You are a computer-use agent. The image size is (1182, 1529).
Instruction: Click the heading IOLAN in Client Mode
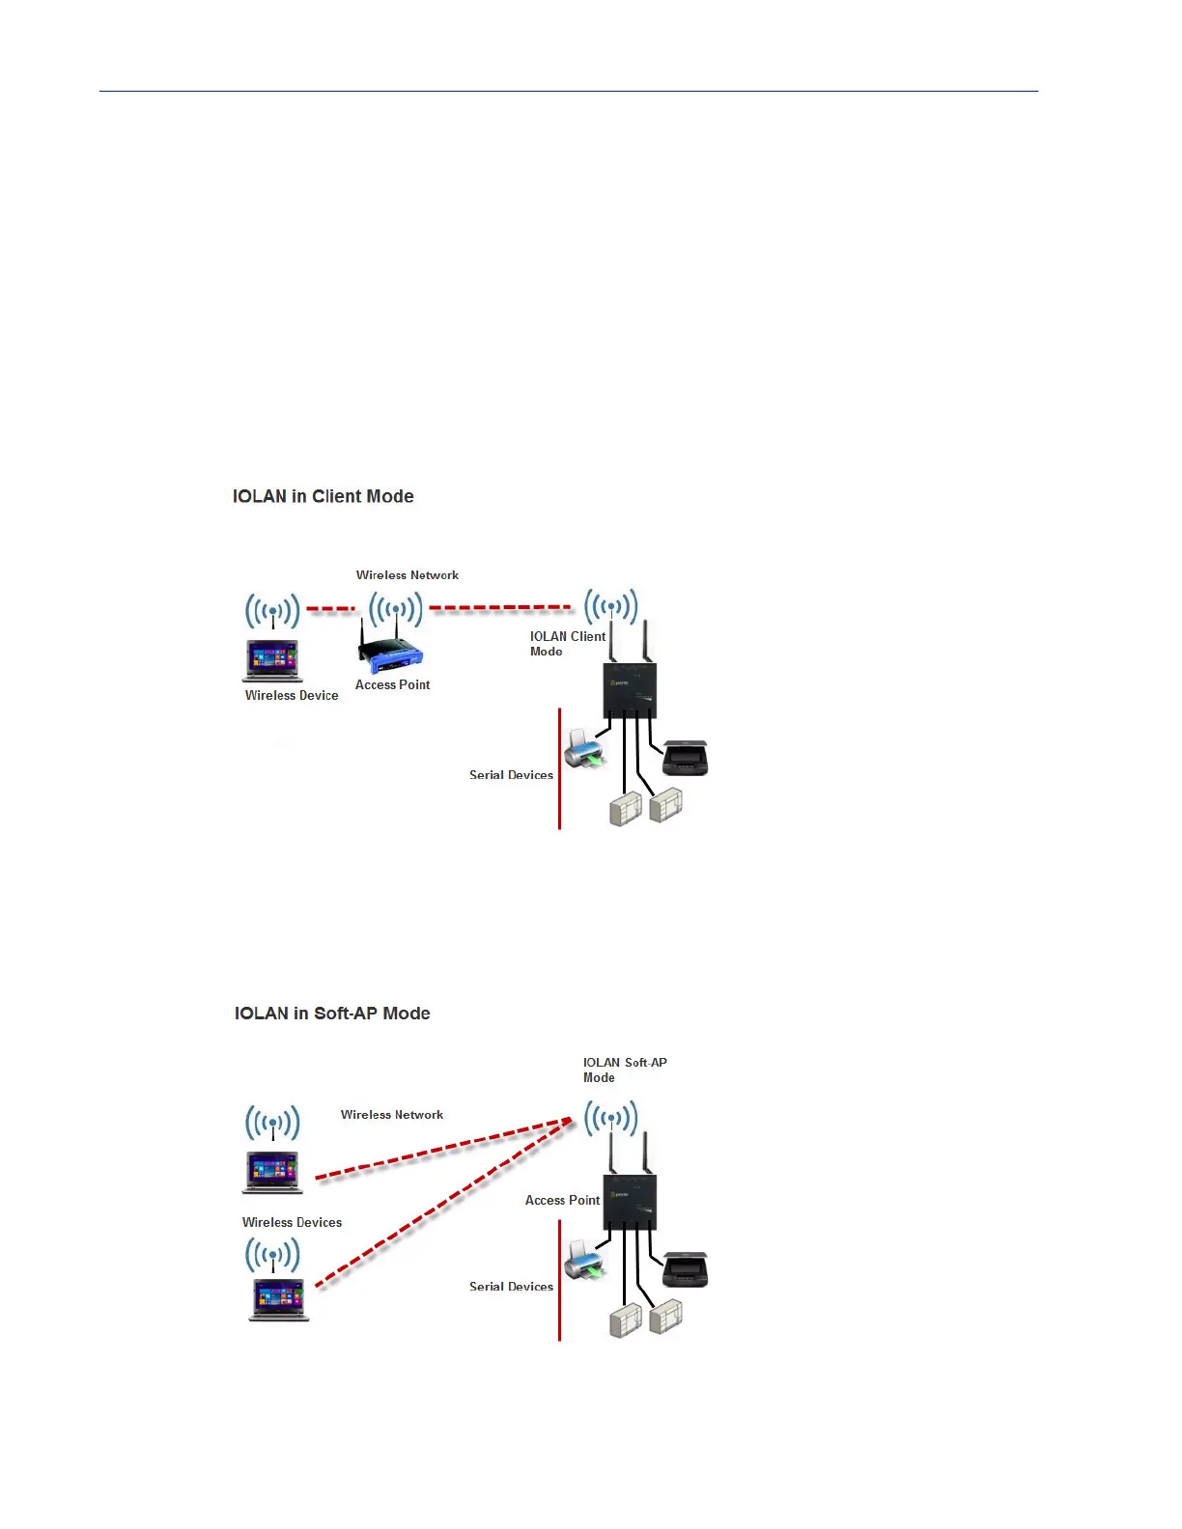(323, 496)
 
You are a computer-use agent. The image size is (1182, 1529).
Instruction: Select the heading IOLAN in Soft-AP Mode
(332, 1014)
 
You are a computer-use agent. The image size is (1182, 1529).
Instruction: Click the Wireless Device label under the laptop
(292, 695)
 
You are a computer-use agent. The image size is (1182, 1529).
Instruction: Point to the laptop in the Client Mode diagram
(272, 661)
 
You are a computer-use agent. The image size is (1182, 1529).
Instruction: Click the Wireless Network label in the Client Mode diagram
(408, 575)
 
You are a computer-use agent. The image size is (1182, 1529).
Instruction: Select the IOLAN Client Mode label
(567, 643)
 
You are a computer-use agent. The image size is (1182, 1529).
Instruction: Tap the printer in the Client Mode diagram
(584, 748)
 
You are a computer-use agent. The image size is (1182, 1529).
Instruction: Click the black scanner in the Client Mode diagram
(687, 758)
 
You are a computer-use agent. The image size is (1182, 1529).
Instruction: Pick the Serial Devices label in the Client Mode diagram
(511, 775)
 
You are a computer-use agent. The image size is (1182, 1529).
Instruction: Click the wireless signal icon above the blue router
(396, 610)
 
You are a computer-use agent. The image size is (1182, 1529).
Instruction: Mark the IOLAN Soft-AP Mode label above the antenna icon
(624, 1070)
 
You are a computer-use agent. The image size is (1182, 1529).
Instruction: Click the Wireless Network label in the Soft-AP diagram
(392, 1115)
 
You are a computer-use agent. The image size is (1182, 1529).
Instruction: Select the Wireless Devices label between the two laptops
(292, 1222)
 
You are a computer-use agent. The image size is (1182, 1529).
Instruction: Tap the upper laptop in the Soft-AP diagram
(272, 1173)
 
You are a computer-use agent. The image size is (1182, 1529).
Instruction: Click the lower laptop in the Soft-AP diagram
(279, 1299)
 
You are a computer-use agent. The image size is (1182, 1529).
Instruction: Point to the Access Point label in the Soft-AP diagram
(562, 1200)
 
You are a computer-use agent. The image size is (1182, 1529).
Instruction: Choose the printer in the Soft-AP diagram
(584, 1260)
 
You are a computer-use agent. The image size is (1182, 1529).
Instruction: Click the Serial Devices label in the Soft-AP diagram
(511, 1287)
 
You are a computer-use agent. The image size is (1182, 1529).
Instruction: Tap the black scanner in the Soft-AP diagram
(687, 1269)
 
